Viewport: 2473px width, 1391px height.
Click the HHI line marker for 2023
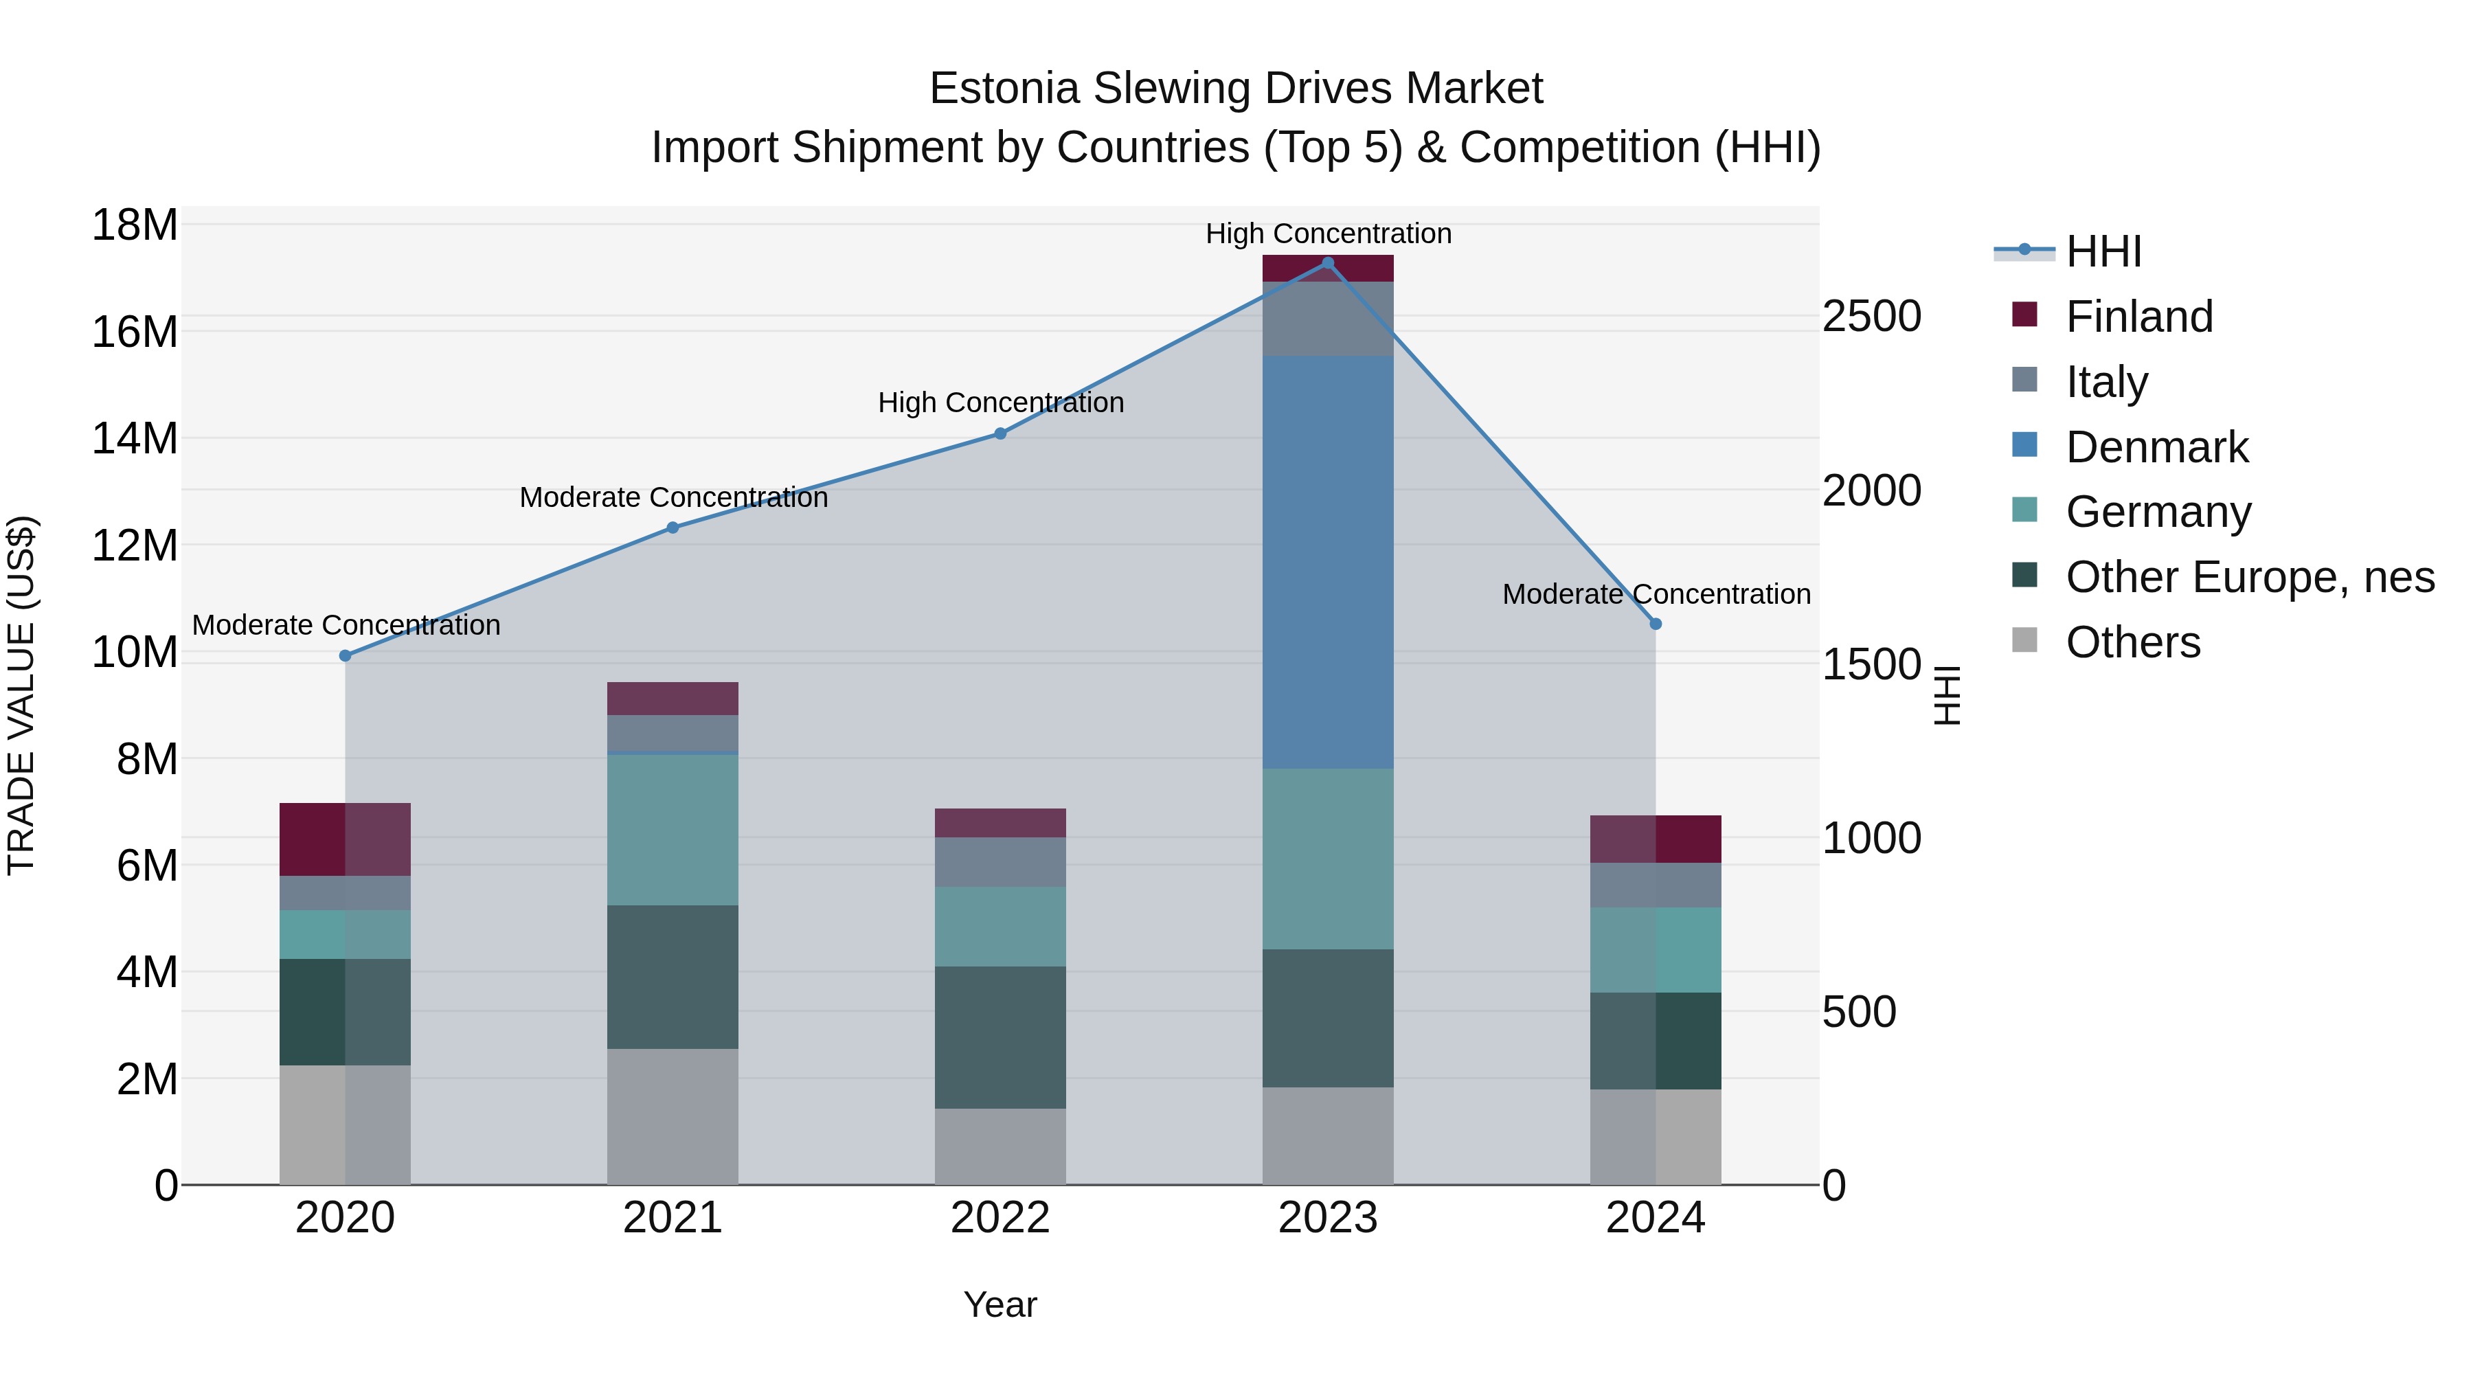(x=1328, y=263)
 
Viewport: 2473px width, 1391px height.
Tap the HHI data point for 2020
(x=346, y=656)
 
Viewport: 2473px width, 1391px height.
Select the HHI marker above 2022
(x=1000, y=434)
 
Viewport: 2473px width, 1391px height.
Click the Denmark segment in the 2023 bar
(x=1328, y=562)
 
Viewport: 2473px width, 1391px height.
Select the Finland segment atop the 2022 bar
(x=1000, y=823)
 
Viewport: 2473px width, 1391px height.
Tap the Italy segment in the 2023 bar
(x=1328, y=319)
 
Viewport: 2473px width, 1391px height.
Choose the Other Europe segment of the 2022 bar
(x=1000, y=1037)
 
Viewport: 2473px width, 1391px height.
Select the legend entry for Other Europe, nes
(x=2248, y=577)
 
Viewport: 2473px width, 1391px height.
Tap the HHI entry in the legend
(x=2103, y=251)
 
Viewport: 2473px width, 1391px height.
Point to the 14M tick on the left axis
(x=135, y=439)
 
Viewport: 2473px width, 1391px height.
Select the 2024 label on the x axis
(x=1655, y=1218)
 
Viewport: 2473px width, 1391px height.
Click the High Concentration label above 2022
(x=1000, y=403)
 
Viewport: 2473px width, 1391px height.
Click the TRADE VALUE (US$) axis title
(x=22, y=695)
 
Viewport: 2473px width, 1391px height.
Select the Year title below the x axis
(x=1000, y=1304)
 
